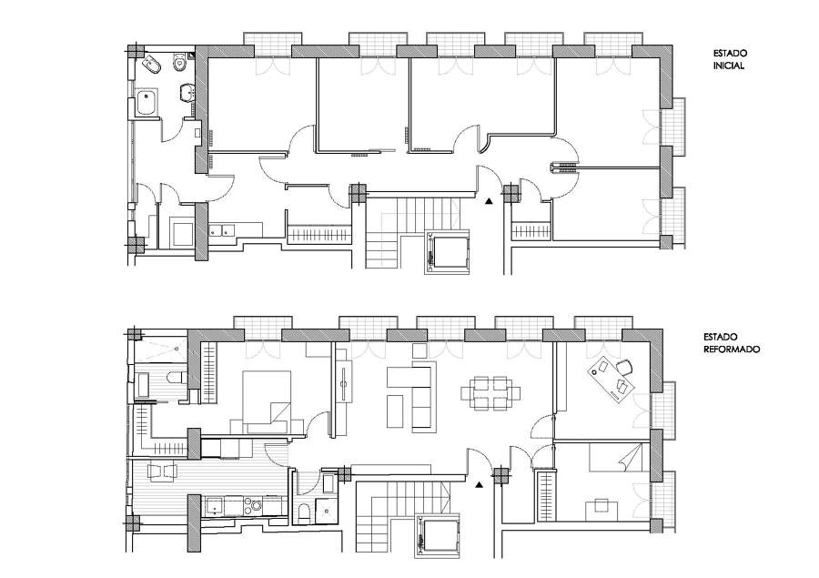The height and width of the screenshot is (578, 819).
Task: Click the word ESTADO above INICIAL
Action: click(x=730, y=54)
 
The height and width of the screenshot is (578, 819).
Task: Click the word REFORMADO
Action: click(x=732, y=350)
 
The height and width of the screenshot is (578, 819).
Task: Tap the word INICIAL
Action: click(x=729, y=66)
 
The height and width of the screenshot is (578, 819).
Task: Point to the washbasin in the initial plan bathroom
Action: click(x=187, y=93)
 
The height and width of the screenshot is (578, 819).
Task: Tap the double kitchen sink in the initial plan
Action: click(x=223, y=230)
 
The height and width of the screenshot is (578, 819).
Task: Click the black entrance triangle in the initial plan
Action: click(x=489, y=200)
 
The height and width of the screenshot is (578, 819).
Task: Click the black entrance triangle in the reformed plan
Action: click(x=479, y=485)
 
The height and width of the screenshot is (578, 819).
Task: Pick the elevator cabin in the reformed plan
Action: click(x=439, y=535)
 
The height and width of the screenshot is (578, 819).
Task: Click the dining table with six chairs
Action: click(x=490, y=393)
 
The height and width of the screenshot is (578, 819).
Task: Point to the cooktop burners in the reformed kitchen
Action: click(x=256, y=506)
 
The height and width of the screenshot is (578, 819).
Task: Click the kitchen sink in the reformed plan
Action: click(x=215, y=506)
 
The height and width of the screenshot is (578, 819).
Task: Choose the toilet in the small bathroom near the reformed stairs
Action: click(x=303, y=512)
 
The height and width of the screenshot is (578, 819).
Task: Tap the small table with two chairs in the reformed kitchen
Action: click(x=163, y=472)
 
